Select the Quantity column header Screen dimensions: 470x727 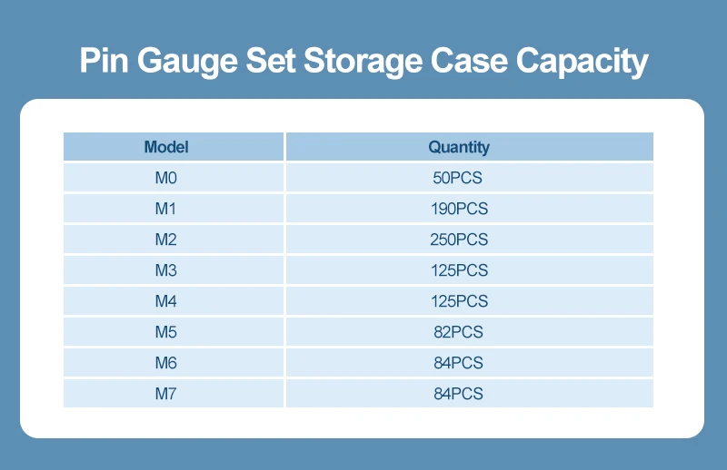459,147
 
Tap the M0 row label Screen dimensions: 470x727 165,178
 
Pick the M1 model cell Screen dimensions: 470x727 165,209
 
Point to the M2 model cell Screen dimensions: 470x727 165,240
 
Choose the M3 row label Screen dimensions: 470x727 165,270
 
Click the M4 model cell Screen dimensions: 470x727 165,301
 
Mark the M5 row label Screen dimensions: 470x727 165,332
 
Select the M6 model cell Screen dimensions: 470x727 165,363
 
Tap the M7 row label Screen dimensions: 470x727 165,394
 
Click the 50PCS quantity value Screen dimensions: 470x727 459,178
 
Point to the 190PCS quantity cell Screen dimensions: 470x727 459,209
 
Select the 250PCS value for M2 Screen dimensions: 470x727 459,240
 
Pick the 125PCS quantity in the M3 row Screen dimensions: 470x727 459,270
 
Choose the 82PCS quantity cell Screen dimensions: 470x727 459,332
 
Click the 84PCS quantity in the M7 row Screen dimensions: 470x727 459,394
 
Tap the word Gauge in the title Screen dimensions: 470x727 190,62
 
